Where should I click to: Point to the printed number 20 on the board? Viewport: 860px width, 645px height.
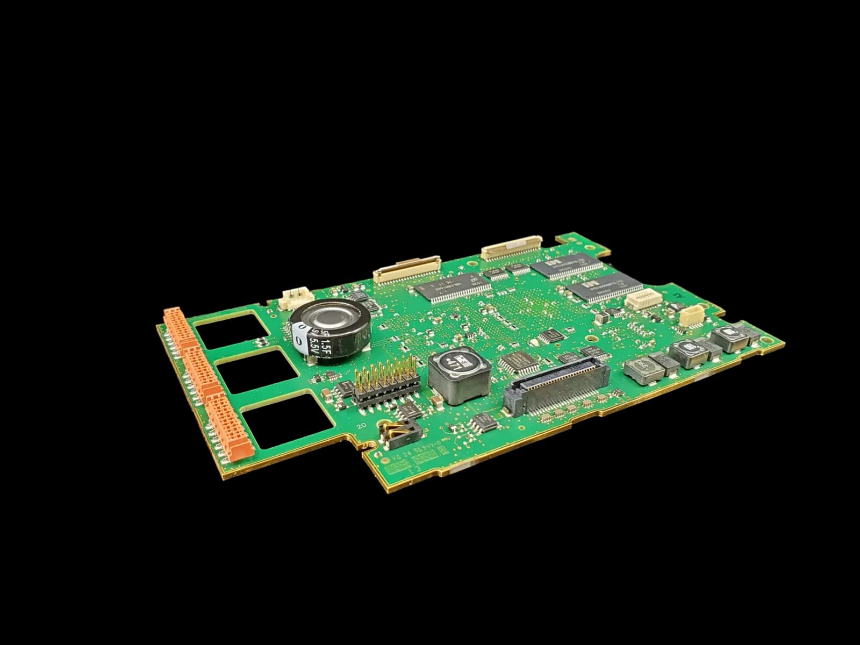point(361,425)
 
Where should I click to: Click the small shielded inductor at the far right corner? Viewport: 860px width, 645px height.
point(729,338)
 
